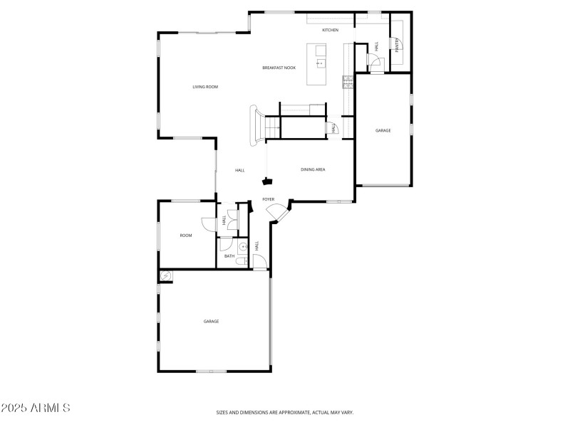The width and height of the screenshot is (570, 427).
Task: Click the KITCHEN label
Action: [330, 30]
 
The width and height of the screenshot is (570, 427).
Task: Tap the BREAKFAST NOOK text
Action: [279, 68]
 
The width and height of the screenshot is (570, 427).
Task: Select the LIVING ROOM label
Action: [205, 87]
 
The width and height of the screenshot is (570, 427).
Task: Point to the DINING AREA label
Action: [313, 169]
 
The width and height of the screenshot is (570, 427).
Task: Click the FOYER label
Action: [269, 199]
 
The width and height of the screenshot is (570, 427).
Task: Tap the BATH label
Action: [229, 256]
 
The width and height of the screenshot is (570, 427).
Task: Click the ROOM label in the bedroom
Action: [186, 236]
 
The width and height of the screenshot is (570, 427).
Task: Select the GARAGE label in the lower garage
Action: [211, 322]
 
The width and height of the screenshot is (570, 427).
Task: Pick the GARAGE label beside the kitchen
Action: [383, 130]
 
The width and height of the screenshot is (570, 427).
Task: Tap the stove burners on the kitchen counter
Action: [347, 82]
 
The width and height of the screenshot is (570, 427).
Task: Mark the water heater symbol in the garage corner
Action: [166, 276]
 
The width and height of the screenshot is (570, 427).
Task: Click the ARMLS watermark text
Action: [36, 408]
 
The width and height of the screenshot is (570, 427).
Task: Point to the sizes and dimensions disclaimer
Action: [285, 412]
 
